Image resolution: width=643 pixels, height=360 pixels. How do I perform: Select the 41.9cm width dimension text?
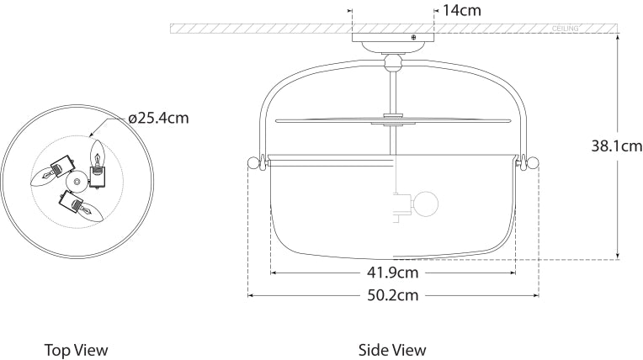[x=393, y=273]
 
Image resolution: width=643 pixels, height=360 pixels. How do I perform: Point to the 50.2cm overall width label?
[x=393, y=295]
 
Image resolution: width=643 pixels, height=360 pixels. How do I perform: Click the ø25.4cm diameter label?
[x=158, y=118]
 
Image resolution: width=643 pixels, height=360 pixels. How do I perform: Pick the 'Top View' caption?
[x=76, y=350]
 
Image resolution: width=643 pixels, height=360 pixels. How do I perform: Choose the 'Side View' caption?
[x=392, y=350]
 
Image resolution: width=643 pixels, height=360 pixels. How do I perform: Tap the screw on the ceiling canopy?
[x=413, y=36]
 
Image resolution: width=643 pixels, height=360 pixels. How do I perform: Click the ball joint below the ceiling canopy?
[x=392, y=61]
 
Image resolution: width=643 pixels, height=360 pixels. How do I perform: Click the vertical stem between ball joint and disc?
[x=392, y=90]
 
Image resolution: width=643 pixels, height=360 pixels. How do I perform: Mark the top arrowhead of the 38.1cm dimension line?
[x=619, y=39]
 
